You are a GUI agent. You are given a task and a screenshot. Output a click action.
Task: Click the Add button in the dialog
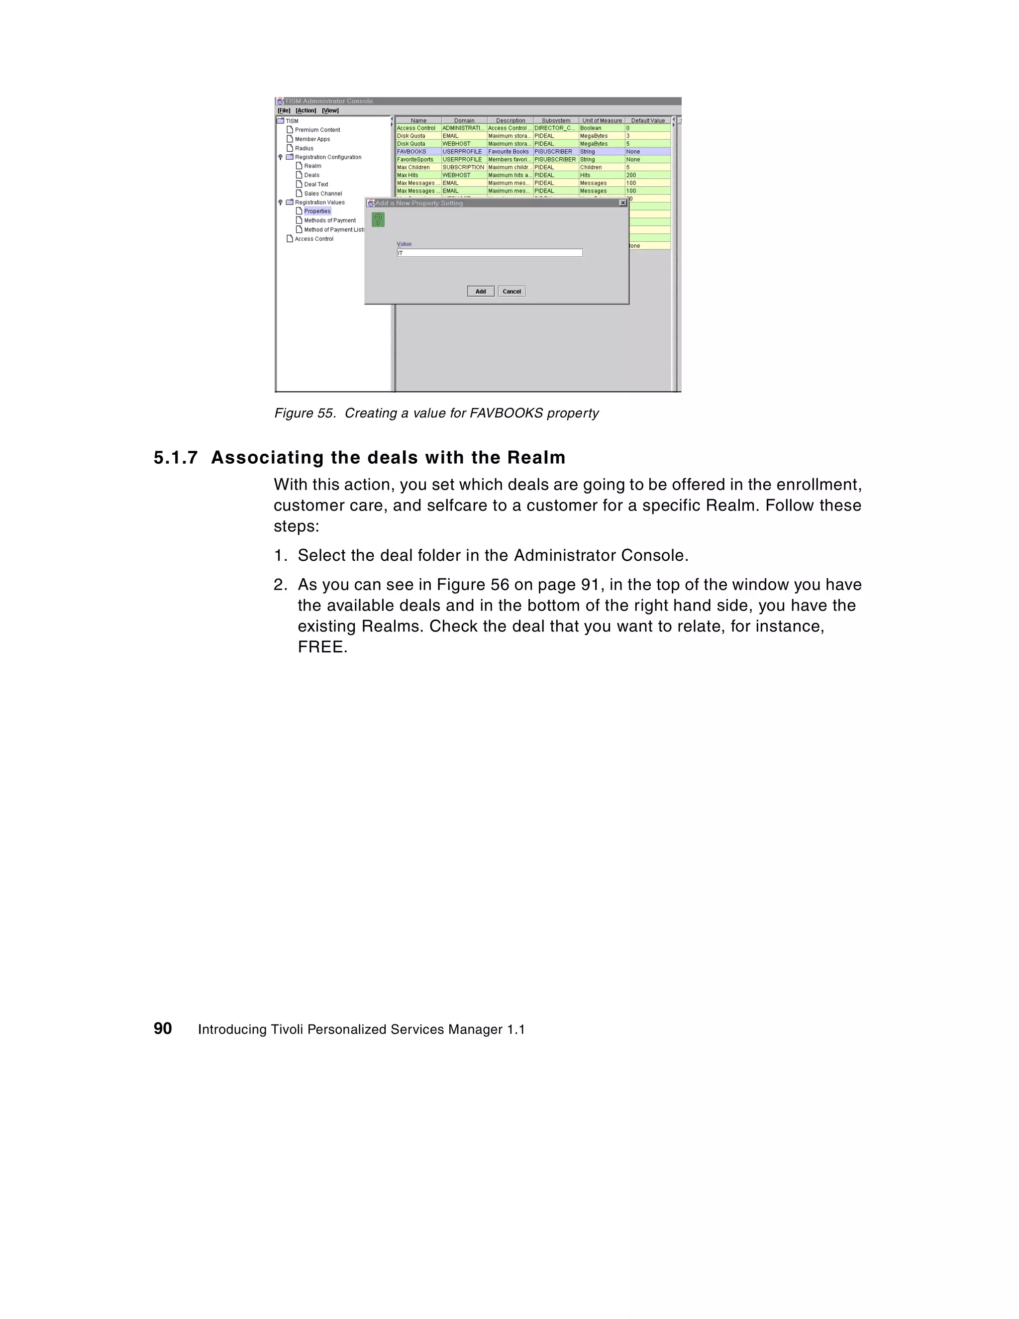(480, 291)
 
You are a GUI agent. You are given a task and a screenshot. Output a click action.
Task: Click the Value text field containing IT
(489, 253)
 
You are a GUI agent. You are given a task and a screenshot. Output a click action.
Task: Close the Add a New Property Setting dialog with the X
(623, 203)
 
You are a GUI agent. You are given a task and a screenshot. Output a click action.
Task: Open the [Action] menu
(306, 110)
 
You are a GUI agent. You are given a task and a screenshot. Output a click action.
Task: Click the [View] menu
(330, 110)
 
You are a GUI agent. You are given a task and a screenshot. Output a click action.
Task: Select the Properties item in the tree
(317, 211)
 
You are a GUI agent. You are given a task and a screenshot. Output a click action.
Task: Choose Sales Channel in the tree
(322, 193)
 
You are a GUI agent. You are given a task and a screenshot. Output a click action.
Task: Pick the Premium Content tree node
(317, 130)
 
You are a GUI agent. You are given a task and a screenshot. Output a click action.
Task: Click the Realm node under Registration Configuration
(312, 166)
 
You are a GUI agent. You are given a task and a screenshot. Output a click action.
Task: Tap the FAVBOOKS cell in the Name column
(411, 152)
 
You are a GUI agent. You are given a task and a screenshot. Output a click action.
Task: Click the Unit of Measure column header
(602, 120)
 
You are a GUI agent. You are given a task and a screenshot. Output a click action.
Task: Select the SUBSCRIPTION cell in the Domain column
(463, 167)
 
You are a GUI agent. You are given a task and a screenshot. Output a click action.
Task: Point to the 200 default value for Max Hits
(631, 175)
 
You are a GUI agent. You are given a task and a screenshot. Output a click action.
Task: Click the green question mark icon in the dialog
(378, 220)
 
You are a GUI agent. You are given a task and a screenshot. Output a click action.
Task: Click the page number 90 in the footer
(163, 1028)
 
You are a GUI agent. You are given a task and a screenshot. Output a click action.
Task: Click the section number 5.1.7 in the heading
(175, 458)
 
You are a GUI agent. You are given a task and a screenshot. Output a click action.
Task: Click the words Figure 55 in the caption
(305, 413)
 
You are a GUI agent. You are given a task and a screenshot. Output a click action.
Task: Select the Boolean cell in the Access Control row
(590, 128)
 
